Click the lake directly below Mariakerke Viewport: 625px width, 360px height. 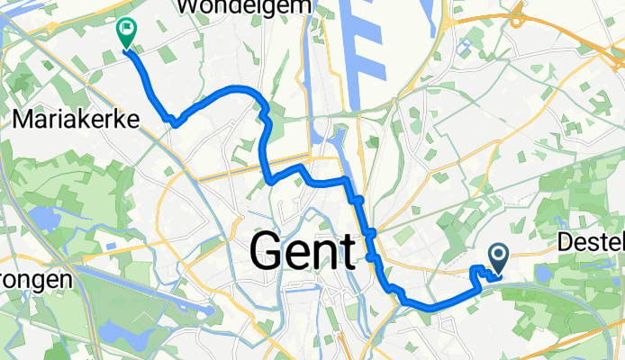[x=41, y=219]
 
